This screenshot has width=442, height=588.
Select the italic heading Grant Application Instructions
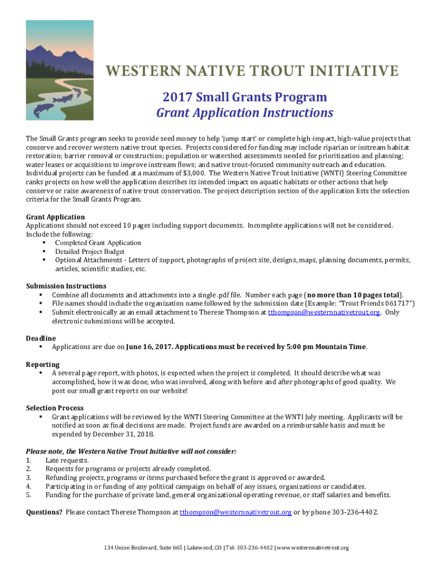pos(245,113)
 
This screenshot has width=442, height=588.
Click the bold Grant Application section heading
pos(56,217)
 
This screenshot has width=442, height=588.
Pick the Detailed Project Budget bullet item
pos(90,252)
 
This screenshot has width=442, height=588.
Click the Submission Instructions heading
pos(66,286)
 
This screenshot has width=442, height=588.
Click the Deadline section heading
pos(41,338)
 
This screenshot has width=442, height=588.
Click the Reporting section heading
pos(42,365)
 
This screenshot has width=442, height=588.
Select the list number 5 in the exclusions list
pos(28,495)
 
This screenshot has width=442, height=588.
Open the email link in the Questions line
pos(235,512)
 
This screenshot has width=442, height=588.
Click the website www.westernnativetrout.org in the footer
pos(313,548)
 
